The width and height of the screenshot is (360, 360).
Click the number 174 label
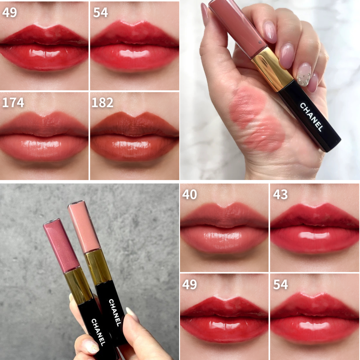click(x=13, y=103)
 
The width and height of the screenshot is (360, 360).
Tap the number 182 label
click(x=102, y=103)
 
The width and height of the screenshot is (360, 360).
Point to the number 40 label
click(x=189, y=194)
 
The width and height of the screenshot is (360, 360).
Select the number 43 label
click(x=280, y=194)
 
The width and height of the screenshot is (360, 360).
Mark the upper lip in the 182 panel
click(x=134, y=124)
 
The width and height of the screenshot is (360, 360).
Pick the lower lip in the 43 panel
click(x=315, y=239)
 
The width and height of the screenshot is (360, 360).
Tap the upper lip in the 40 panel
click(x=224, y=215)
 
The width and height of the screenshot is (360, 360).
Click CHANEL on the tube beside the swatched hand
click(x=311, y=117)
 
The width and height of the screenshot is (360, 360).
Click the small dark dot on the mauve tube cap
click(x=260, y=42)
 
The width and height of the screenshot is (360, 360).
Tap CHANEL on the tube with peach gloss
click(x=115, y=313)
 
